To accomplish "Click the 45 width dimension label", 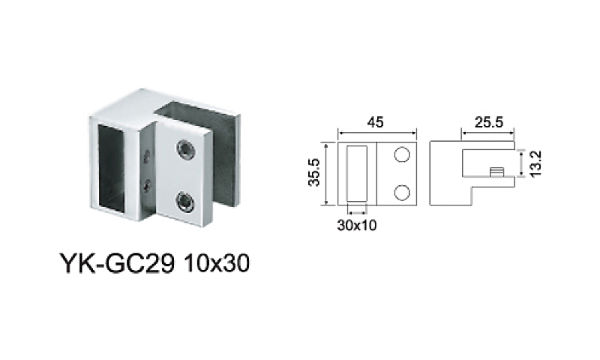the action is [x=375, y=122].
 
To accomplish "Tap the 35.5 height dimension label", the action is [x=314, y=172].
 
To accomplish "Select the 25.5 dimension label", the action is [x=489, y=122].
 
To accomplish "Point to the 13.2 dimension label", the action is [x=536, y=163].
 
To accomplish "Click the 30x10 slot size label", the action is [x=357, y=225].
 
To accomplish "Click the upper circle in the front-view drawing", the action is [x=402, y=154].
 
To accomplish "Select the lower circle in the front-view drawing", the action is [x=402, y=193].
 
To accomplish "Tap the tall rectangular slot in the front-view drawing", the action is [x=357, y=173].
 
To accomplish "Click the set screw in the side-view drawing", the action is [x=496, y=172].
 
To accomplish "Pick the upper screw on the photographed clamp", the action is [x=185, y=148].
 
